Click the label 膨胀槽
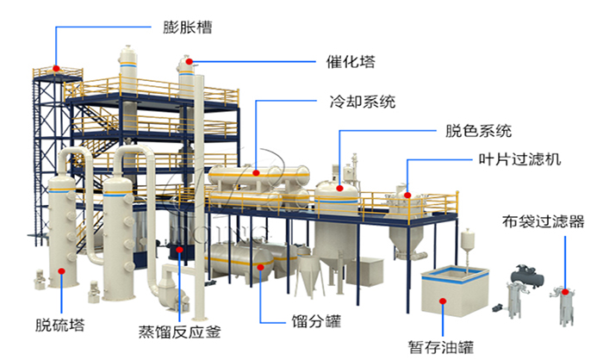(x=188, y=27)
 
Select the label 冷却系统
(x=363, y=102)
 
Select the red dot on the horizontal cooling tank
(x=257, y=171)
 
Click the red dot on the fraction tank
(x=258, y=266)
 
